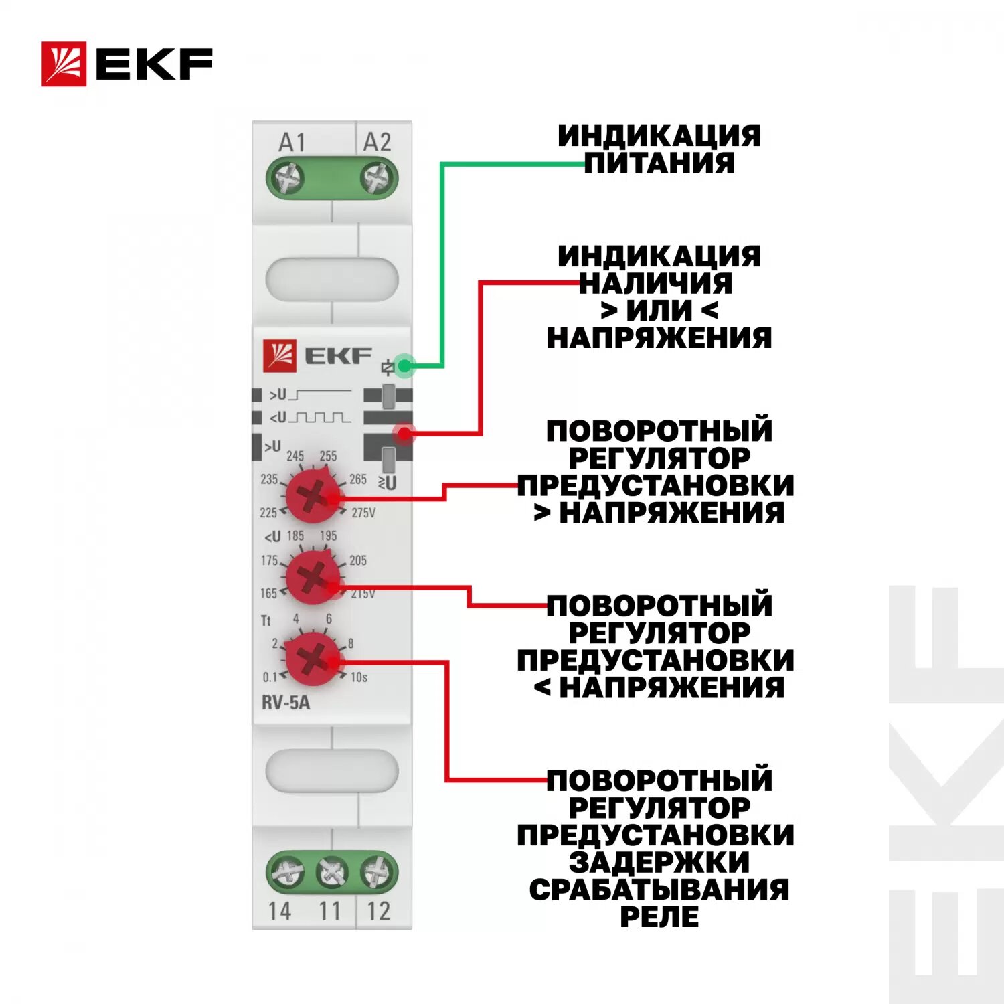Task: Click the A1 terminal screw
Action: (288, 179)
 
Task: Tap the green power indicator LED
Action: (404, 365)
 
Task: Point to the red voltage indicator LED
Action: (404, 434)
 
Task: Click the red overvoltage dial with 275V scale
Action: (312, 496)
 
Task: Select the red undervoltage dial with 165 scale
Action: (312, 576)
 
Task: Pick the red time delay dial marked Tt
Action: (312, 658)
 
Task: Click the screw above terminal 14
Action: (286, 872)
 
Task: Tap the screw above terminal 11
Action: (331, 872)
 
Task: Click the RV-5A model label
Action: (286, 703)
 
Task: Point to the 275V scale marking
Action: (363, 513)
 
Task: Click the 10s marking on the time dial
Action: (359, 677)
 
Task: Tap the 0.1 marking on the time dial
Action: (270, 677)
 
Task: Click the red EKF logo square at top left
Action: (64, 64)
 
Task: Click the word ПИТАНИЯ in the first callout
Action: (659, 163)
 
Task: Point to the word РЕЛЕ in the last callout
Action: (659, 916)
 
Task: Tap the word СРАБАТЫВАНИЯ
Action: (659, 890)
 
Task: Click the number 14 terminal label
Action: (280, 911)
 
